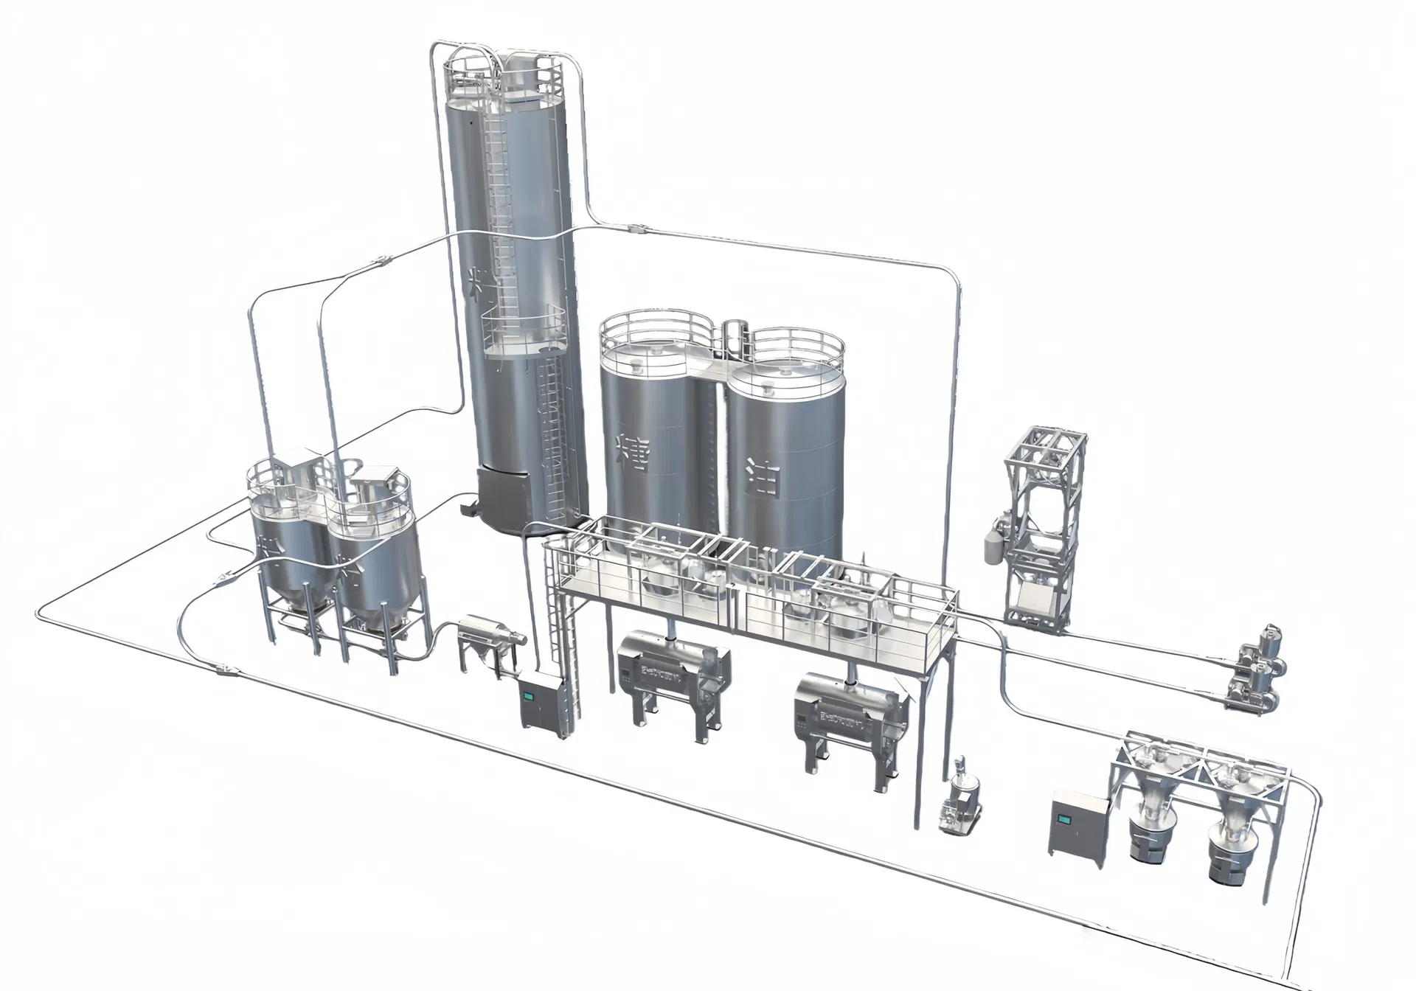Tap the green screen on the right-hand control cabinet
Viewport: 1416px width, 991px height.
1066,820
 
